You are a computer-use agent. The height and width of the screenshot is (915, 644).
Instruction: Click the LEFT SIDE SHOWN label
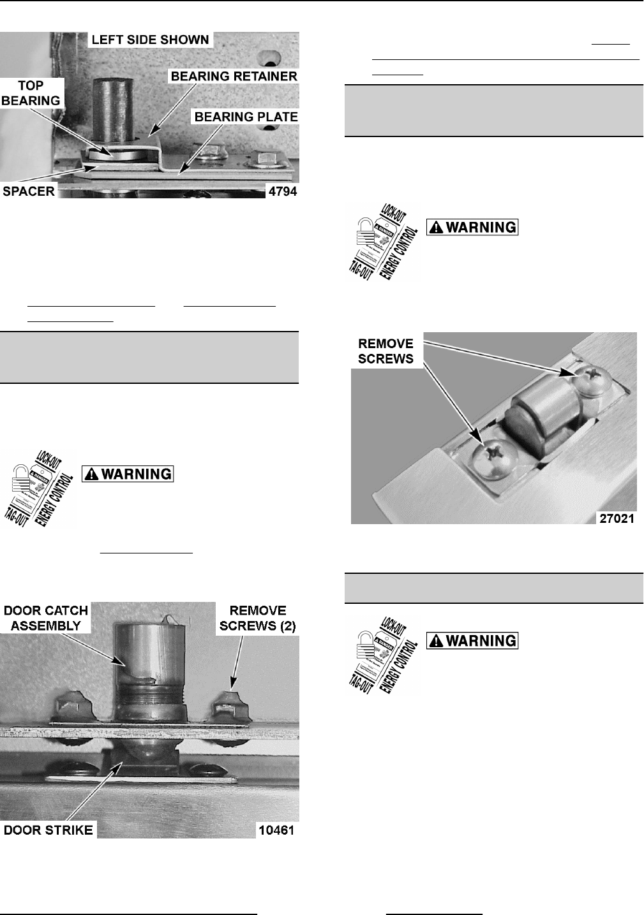[x=150, y=40]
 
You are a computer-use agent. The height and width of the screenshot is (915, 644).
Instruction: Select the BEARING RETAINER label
[x=233, y=76]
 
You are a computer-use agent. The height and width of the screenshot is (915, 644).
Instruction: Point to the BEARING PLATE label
[x=246, y=117]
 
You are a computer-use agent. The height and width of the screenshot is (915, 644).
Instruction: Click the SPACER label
[x=29, y=191]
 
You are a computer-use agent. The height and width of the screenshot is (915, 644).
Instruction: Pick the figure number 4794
[x=282, y=191]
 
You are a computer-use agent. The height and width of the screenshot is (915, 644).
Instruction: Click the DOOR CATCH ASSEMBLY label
[x=47, y=618]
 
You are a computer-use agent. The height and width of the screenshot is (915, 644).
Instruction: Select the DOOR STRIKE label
[x=49, y=830]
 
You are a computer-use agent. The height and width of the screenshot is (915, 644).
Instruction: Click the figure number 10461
[x=276, y=830]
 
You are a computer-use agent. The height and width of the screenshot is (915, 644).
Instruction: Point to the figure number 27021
[x=616, y=518]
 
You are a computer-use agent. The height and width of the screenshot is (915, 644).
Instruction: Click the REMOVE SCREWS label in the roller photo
[x=386, y=351]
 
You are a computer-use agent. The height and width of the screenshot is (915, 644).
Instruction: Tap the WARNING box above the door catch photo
[x=129, y=474]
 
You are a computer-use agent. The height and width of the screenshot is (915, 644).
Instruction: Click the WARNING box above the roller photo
[x=473, y=227]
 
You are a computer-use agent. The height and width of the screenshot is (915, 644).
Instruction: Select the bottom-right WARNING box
[x=473, y=640]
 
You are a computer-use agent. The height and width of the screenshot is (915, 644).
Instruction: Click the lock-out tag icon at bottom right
[x=382, y=655]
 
